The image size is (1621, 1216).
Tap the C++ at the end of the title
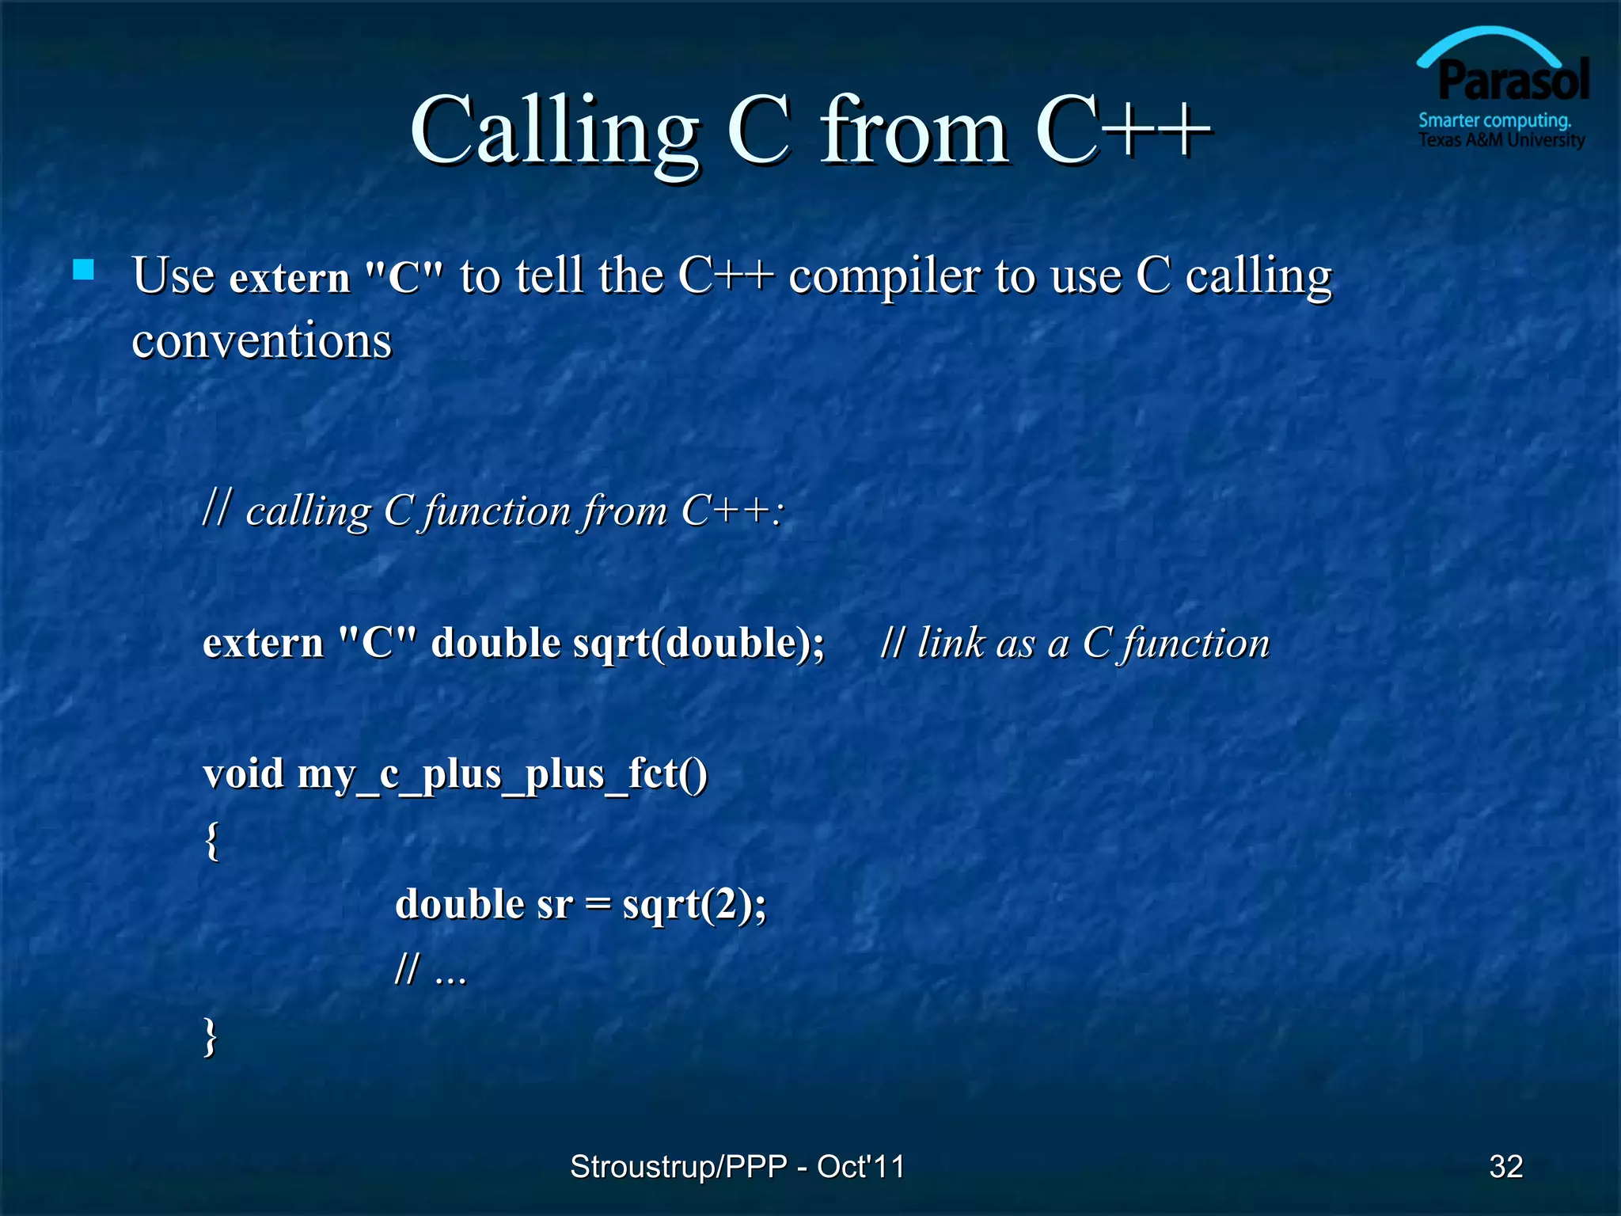point(1122,131)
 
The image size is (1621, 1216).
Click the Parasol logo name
point(1513,81)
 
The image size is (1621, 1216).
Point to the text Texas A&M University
point(1501,141)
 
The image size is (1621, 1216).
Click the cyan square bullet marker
point(83,270)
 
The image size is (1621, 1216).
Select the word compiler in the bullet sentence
point(884,276)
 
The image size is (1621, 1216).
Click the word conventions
point(262,341)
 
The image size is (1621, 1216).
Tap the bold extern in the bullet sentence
point(290,278)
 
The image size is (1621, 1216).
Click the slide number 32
point(1505,1166)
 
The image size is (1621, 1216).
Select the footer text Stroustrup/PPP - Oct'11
point(737,1166)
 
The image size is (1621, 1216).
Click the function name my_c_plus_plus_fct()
point(502,773)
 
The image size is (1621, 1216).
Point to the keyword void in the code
point(243,773)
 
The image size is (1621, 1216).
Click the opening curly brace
point(211,841)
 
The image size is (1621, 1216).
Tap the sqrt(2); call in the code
point(694,905)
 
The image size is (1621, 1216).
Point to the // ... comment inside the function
point(431,970)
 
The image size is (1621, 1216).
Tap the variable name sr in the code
point(554,905)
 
